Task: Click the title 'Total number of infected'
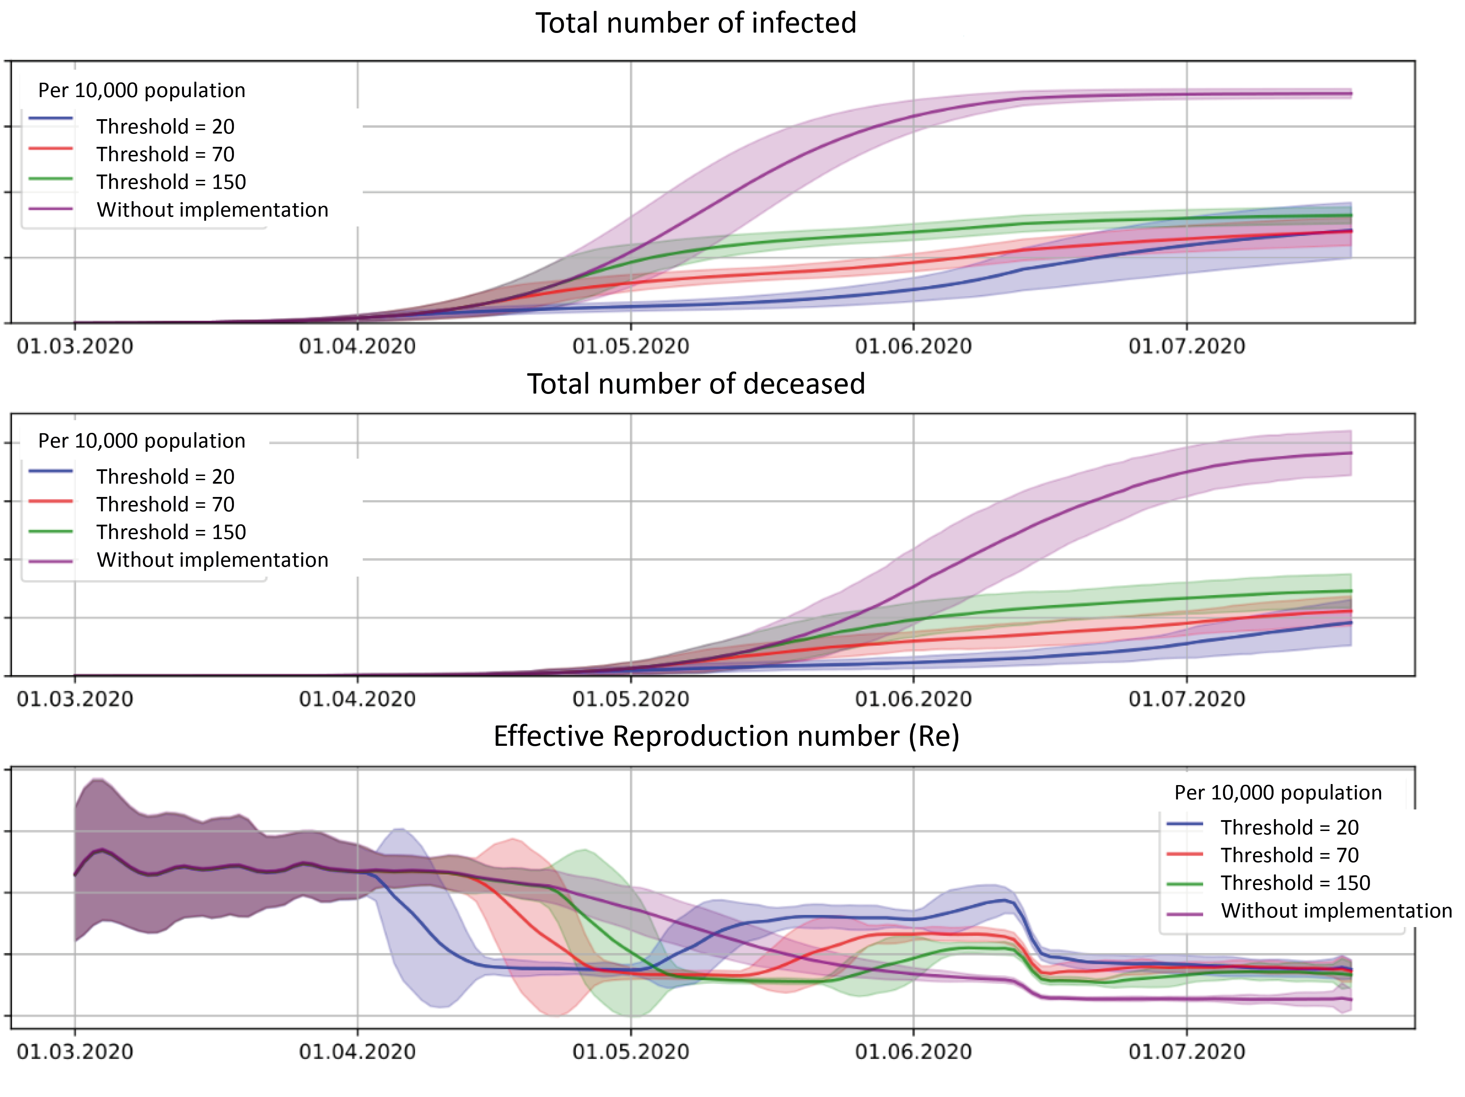pos(696,23)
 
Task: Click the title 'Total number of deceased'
pos(696,384)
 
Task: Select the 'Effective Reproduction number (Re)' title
pos(726,737)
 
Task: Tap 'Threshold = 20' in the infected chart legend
pos(165,127)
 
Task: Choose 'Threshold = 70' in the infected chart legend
pos(165,154)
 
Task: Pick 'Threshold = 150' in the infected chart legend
pos(171,182)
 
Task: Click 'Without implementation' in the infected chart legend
pos(212,210)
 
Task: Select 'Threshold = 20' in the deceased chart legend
pos(165,477)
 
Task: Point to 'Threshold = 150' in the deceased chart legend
pos(171,533)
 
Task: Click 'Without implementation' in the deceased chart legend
pos(212,560)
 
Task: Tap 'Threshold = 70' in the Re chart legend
pos(1289,856)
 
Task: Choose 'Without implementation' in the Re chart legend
pos(1336,912)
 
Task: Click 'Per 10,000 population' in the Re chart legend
pos(1278,793)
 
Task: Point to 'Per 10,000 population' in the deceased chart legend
pos(142,441)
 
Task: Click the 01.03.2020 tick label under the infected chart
pos(75,347)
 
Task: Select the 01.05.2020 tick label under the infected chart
pos(630,347)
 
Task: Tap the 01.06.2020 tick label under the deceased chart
pos(913,700)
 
